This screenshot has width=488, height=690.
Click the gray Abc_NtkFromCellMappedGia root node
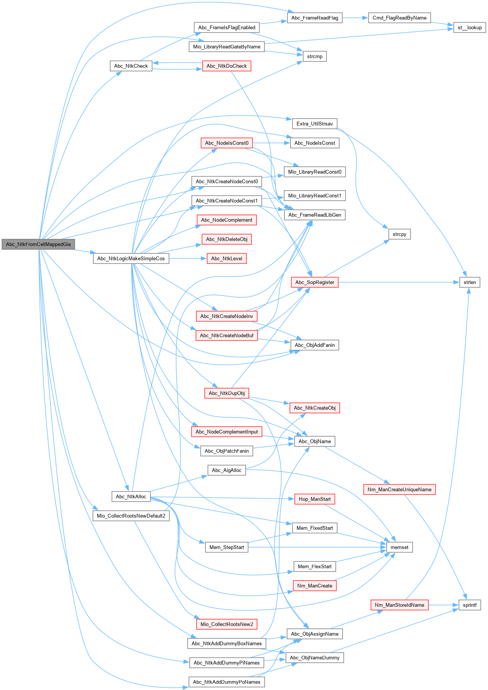pyautogui.click(x=38, y=244)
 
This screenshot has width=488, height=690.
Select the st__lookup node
pyautogui.click(x=469, y=27)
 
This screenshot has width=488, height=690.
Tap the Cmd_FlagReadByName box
pyautogui.click(x=399, y=18)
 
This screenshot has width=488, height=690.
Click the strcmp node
pyautogui.click(x=314, y=57)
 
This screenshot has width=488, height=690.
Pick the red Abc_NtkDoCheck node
pyautogui.click(x=226, y=66)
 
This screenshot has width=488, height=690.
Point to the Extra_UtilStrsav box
pyautogui.click(x=314, y=124)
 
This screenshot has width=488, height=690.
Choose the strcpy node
pyautogui.click(x=399, y=234)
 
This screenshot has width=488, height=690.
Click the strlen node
pyautogui.click(x=469, y=282)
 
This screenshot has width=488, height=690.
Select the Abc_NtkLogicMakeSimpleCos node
pyautogui.click(x=131, y=259)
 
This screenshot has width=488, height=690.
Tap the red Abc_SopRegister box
pyautogui.click(x=314, y=282)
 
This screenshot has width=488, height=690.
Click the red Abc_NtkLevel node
pyautogui.click(x=226, y=259)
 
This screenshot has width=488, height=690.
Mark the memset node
pyautogui.click(x=399, y=548)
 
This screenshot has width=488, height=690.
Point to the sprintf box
pyautogui.click(x=469, y=605)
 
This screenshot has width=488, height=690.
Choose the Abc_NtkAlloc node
pyautogui.click(x=131, y=497)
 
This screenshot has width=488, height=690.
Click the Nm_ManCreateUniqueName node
pyautogui.click(x=399, y=490)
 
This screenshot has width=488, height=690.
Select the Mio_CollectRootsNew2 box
pyautogui.click(x=226, y=624)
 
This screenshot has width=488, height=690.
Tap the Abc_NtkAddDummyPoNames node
pyautogui.click(x=226, y=682)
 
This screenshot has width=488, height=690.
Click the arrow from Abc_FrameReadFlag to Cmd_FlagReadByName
pyautogui.click(x=355, y=18)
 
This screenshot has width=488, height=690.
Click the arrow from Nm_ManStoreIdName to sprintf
pyautogui.click(x=444, y=605)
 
